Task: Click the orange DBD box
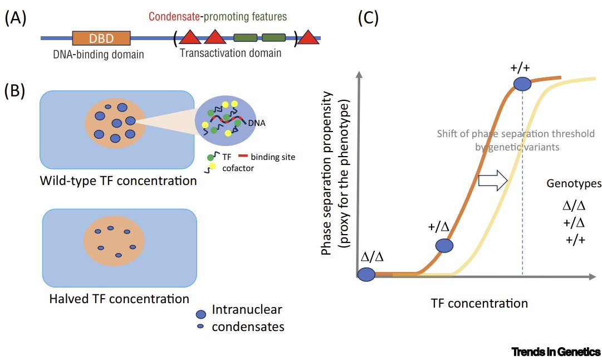point(101,38)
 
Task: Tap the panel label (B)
point(16,91)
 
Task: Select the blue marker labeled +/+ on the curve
point(522,84)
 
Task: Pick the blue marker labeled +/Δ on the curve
point(444,245)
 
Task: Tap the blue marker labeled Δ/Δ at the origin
point(366,274)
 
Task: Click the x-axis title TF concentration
point(479,304)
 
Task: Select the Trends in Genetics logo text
point(556,352)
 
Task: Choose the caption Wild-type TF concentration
point(118,181)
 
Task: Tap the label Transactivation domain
point(231,54)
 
